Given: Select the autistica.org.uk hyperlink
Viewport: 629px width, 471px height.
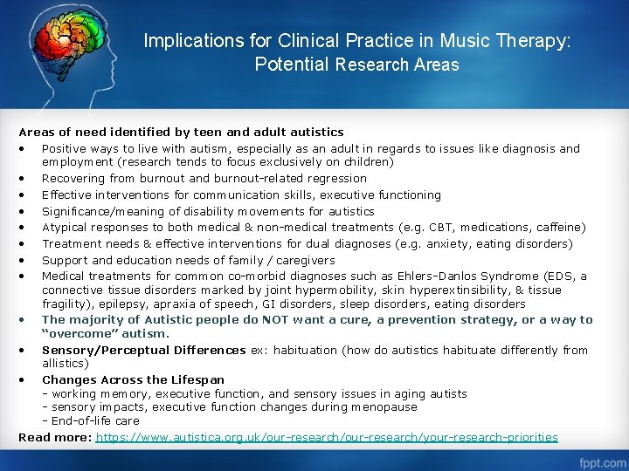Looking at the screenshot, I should [326, 437].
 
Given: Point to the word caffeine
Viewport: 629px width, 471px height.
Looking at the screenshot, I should [549, 228].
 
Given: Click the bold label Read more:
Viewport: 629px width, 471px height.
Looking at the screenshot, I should [55, 437].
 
